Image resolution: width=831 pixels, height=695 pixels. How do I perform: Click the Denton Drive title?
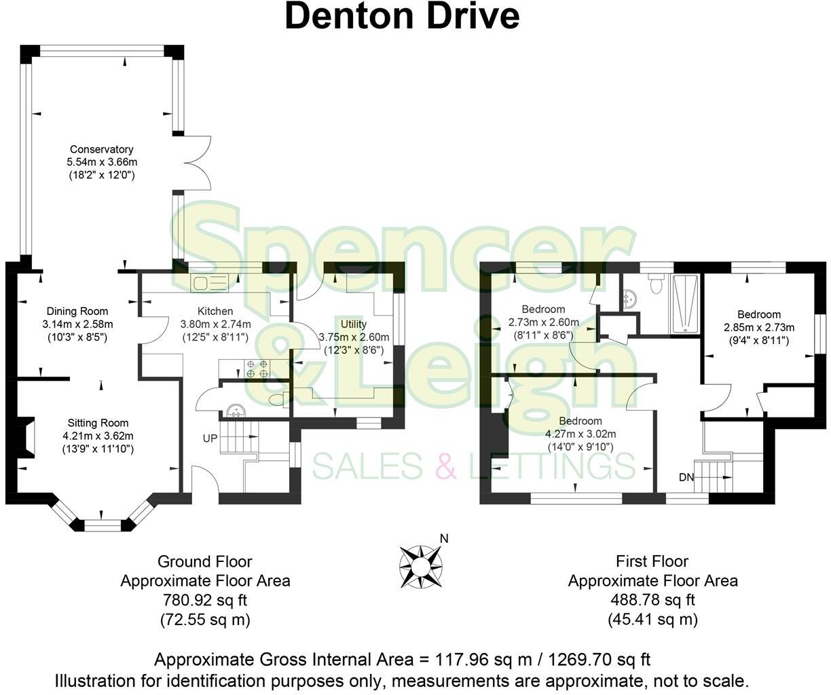402,16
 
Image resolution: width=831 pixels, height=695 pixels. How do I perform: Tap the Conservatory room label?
101,149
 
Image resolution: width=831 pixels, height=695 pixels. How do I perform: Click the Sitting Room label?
98,423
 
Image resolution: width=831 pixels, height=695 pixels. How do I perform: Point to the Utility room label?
353,324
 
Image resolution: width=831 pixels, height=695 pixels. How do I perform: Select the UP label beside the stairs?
210,438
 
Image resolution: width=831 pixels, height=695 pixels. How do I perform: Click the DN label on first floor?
686,477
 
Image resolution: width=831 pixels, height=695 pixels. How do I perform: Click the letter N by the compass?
444,539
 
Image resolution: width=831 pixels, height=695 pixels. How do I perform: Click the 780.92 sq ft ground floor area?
205,600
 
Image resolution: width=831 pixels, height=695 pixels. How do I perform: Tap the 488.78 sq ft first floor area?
652,600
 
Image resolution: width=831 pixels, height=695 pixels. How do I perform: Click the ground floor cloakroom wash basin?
236,411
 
